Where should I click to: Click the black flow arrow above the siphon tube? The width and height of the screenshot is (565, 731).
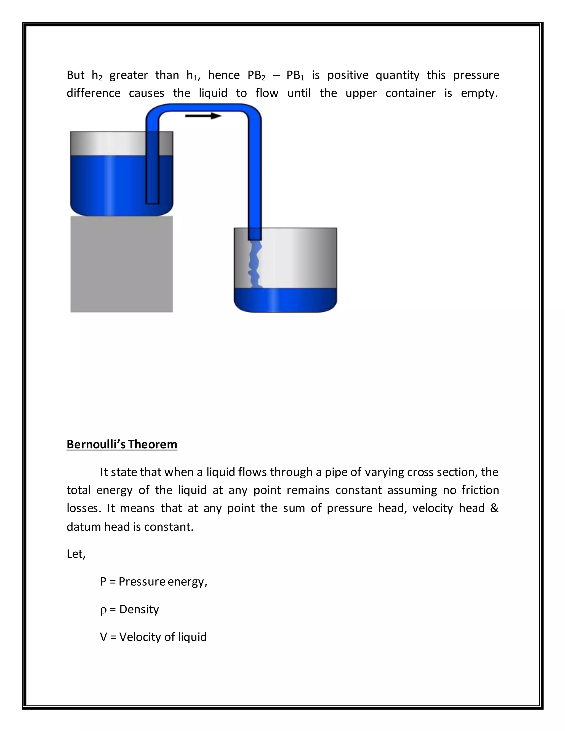203,116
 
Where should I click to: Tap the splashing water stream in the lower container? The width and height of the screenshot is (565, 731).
254,265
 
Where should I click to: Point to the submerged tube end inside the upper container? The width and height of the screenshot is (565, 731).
152,198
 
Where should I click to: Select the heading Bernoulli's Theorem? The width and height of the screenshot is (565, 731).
122,444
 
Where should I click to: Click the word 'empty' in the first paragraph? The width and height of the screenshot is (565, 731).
479,93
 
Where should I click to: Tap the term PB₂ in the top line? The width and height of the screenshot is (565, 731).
256,75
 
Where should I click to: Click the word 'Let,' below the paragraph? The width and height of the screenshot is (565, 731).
76,554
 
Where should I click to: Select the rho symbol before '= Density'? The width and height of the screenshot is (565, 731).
103,610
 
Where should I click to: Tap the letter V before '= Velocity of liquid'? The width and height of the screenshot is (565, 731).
103,637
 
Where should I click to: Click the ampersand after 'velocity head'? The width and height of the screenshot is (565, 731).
494,508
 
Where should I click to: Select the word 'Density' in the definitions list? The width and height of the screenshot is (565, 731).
139,609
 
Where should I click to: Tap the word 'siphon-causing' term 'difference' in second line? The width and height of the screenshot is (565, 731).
94,93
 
